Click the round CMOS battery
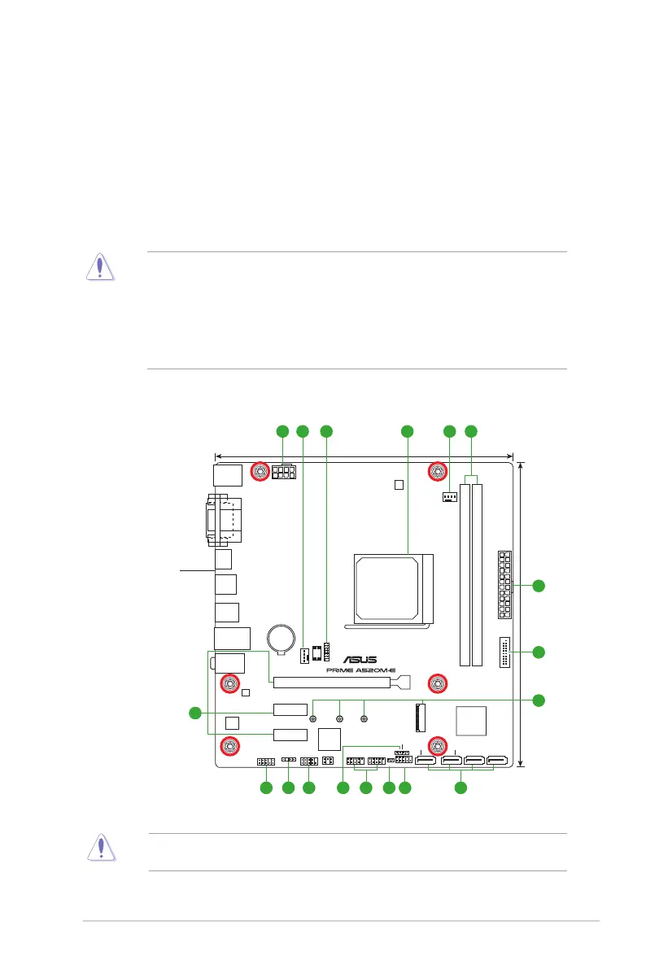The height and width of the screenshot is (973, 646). click(x=284, y=635)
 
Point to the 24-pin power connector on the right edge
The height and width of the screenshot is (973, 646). click(x=504, y=584)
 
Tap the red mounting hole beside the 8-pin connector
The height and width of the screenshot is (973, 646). click(x=260, y=471)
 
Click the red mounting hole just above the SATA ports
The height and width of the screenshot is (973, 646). click(x=438, y=744)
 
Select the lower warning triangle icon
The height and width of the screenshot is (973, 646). click(x=100, y=847)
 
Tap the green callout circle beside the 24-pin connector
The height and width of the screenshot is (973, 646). click(x=538, y=585)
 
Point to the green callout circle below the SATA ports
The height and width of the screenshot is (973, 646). click(x=460, y=788)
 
